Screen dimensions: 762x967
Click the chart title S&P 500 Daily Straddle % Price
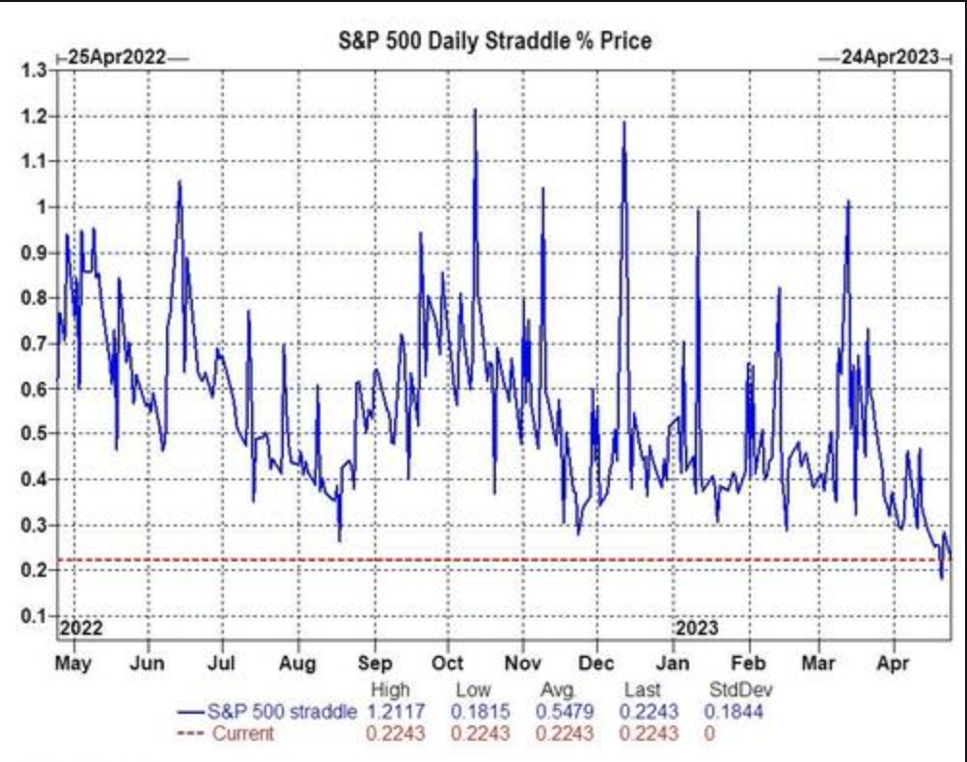pos(493,41)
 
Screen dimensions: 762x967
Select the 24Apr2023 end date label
pos(889,57)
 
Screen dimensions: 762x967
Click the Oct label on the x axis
pos(447,665)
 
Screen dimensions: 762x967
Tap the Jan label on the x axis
pos(673,665)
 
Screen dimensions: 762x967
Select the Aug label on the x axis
pos(297,665)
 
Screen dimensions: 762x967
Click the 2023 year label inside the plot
pos(696,628)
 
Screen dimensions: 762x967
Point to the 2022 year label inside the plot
pos(81,628)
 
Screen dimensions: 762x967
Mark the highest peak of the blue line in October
pos(475,110)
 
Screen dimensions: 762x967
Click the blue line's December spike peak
pos(624,122)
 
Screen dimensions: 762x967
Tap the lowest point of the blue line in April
pos(942,578)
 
